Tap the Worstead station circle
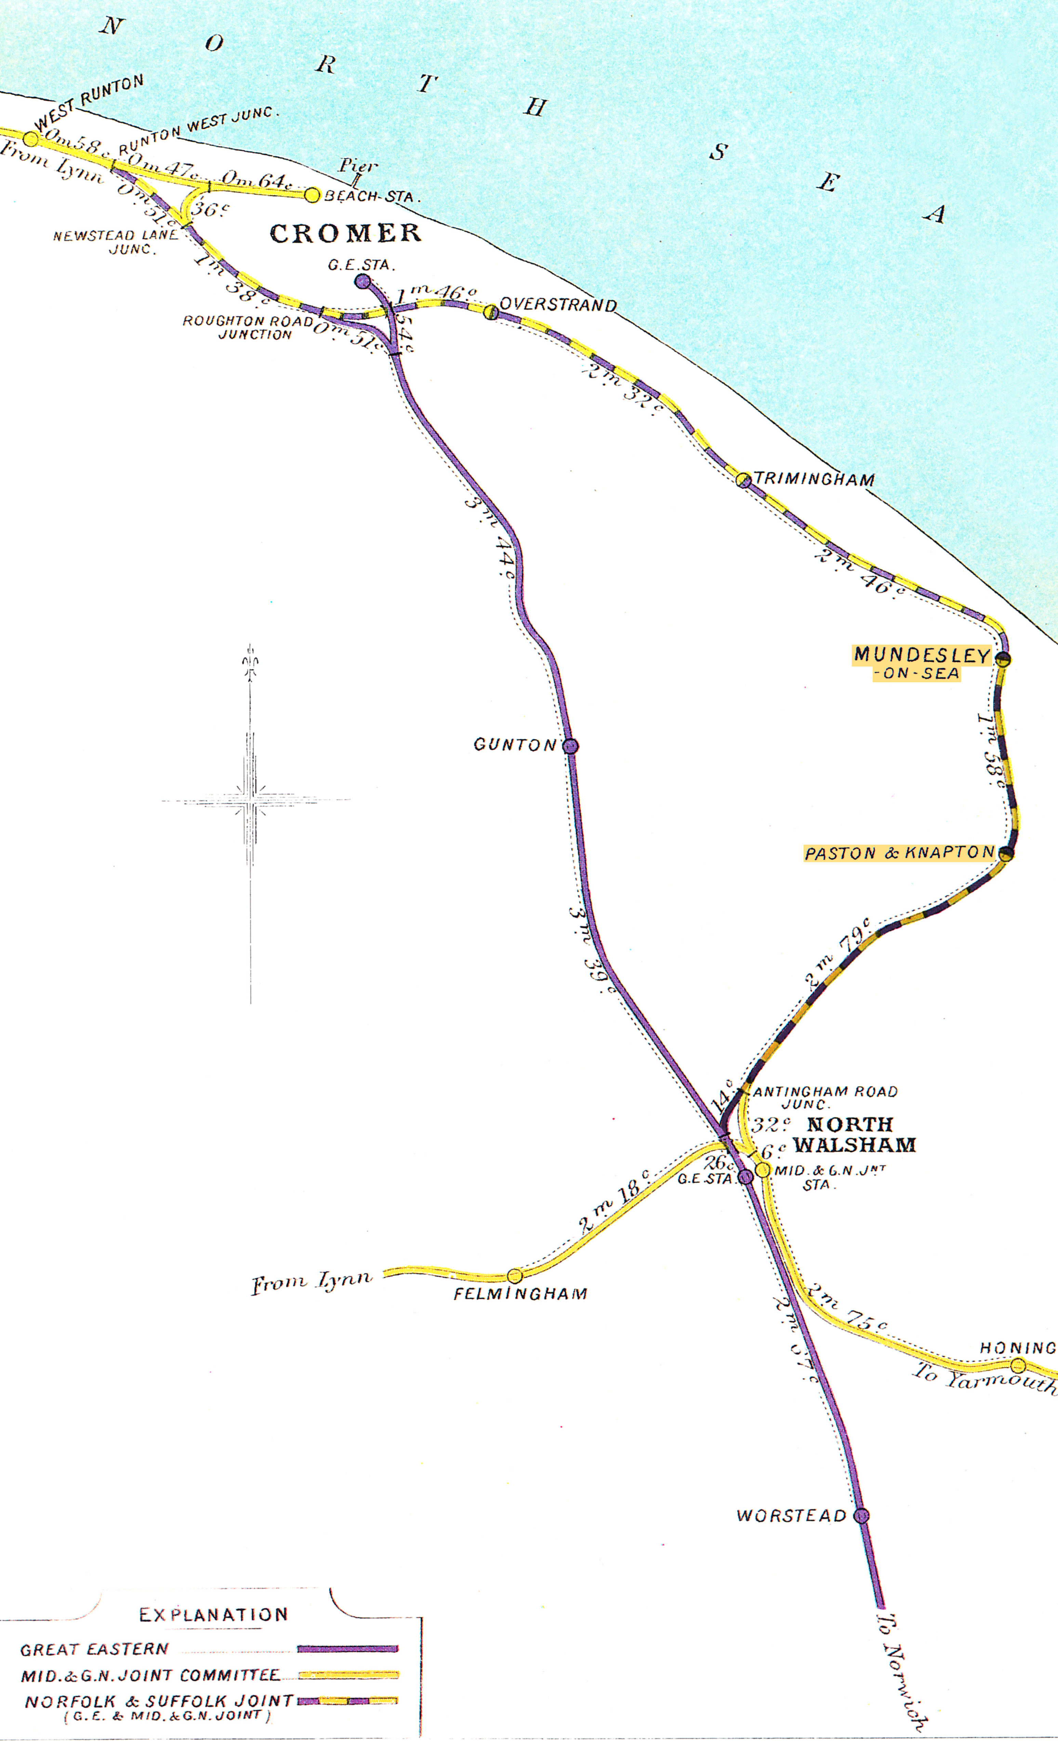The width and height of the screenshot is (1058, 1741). pos(861,1516)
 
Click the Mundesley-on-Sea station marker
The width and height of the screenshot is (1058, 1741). pos(1003,659)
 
